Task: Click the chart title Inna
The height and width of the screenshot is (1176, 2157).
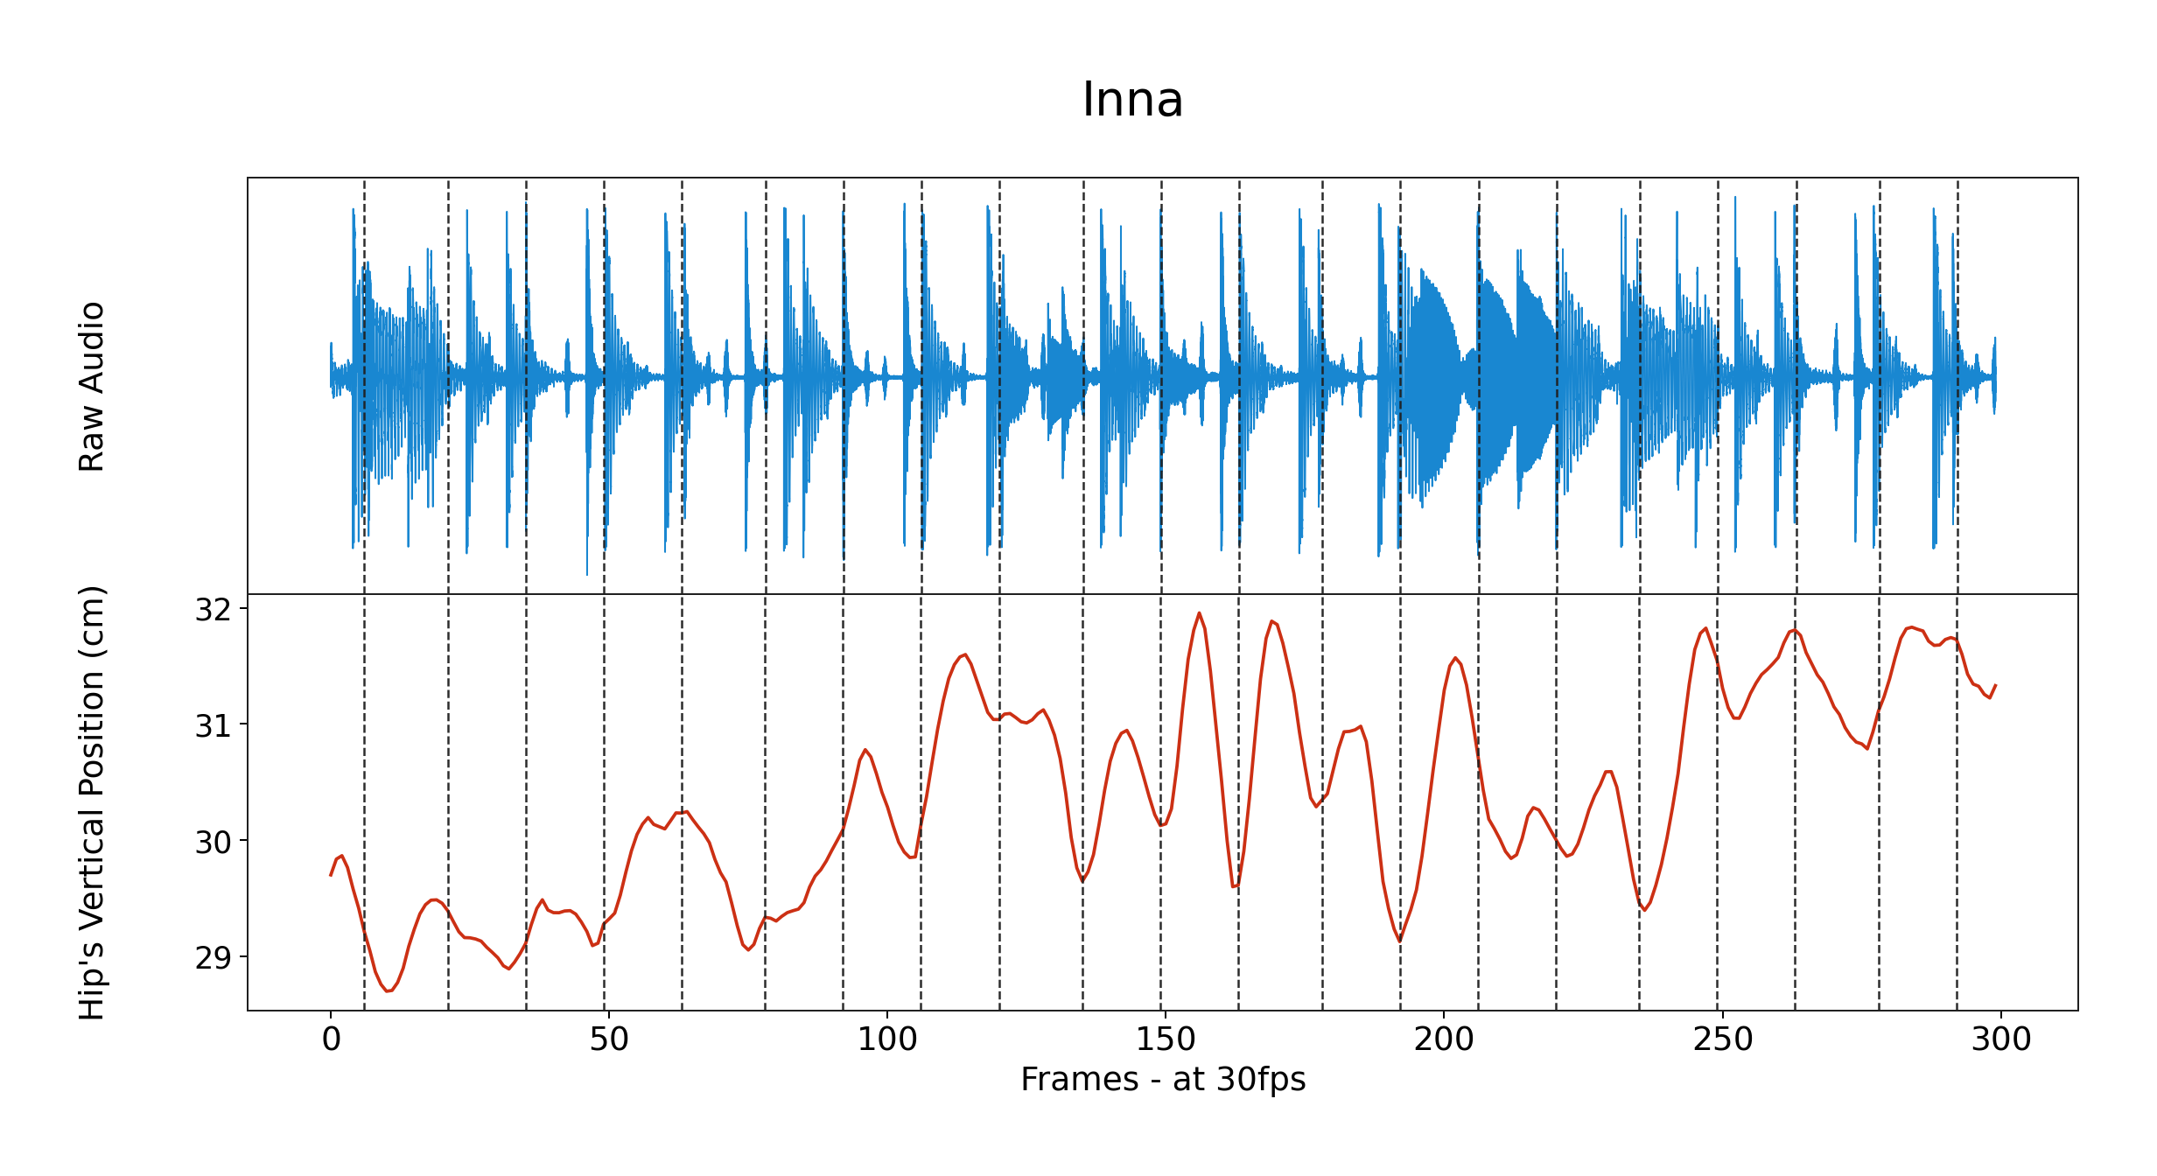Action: click(1132, 100)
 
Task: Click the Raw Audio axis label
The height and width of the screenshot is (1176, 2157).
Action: click(92, 386)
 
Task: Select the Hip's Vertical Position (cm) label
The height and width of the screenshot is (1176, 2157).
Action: click(92, 802)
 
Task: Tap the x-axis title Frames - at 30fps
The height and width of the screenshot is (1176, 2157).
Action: click(1163, 1080)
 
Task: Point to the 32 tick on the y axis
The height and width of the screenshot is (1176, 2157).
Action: click(213, 610)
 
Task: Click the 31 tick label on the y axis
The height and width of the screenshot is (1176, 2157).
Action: click(213, 726)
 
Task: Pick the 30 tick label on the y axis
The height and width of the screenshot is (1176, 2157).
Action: click(213, 843)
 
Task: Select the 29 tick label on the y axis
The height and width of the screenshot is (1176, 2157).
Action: click(213, 958)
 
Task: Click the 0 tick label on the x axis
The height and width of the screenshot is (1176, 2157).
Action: click(331, 1039)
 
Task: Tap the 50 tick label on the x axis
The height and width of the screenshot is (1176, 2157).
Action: click(609, 1039)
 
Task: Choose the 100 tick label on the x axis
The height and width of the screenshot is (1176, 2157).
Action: click(887, 1039)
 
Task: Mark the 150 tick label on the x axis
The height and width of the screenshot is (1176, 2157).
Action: click(1166, 1039)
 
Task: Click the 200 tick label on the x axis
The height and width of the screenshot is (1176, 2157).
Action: click(1444, 1039)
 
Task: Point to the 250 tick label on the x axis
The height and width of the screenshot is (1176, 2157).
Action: click(1722, 1039)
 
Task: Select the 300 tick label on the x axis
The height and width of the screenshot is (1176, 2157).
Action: click(2000, 1039)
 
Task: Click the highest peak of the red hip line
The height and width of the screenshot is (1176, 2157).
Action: click(1199, 612)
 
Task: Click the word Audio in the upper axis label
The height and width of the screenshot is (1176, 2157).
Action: click(92, 346)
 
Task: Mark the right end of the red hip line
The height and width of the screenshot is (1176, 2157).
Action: click(1995, 685)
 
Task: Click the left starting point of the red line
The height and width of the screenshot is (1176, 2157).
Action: click(331, 875)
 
